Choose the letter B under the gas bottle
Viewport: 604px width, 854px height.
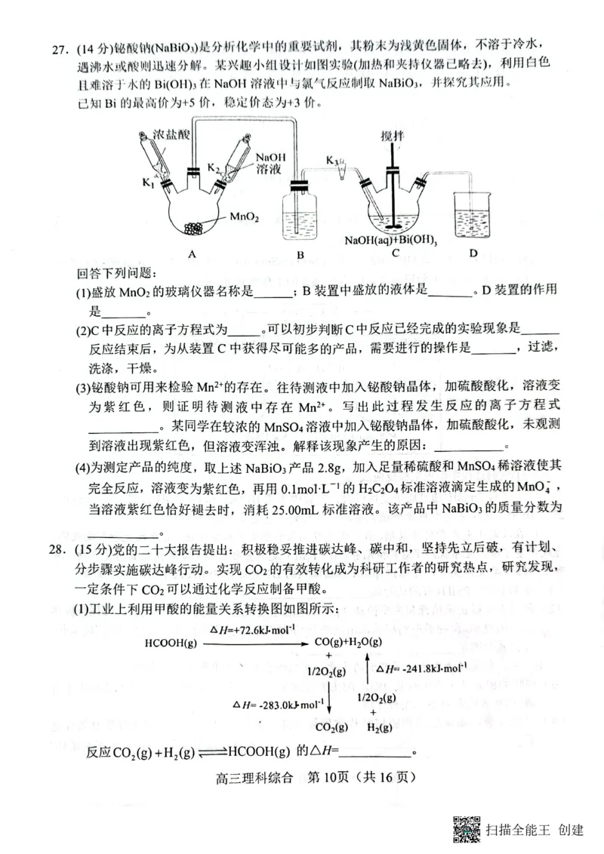tap(300, 255)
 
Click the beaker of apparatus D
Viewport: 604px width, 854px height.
tap(473, 215)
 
